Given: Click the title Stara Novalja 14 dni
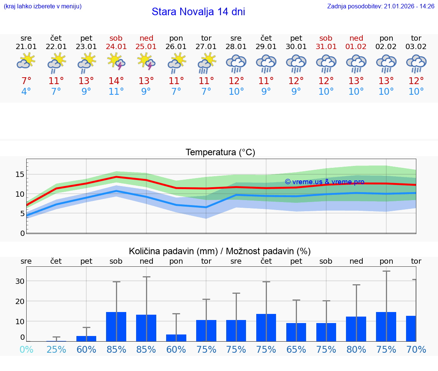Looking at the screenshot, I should [198, 12].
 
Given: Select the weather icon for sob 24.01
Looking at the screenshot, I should [116, 62].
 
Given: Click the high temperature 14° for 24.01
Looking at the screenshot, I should [116, 81].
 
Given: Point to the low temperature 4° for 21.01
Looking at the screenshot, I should [26, 92].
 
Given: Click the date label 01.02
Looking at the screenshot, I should [356, 47].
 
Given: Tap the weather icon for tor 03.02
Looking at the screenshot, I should [416, 63].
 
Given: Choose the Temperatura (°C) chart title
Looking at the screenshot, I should [220, 153].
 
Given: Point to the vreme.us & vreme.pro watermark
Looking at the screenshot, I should [324, 182].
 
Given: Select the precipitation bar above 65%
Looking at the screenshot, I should [296, 332].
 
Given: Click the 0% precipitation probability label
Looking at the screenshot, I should [26, 350].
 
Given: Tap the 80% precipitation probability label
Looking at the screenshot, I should [356, 350].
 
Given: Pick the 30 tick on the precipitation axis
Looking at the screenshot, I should [20, 281].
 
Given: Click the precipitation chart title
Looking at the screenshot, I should [220, 251].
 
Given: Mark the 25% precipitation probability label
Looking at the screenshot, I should [56, 350].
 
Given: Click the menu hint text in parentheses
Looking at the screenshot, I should [43, 6].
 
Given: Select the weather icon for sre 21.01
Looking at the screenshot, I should [26, 62].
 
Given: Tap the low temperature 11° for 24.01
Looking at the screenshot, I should [116, 92].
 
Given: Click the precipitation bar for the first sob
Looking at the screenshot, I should [116, 326].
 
